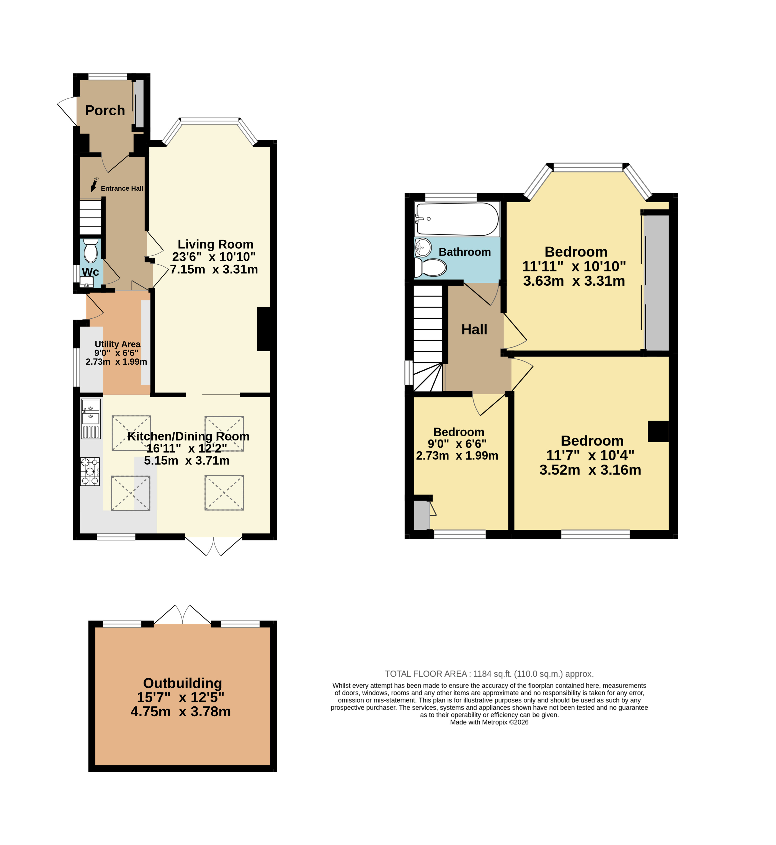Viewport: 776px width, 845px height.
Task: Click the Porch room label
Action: [x=105, y=110]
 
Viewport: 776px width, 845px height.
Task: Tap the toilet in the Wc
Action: [x=91, y=251]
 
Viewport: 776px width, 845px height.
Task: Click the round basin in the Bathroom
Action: [x=423, y=247]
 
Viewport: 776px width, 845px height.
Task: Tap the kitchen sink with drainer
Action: [x=91, y=419]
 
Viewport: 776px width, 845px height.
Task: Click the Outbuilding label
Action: [x=183, y=683]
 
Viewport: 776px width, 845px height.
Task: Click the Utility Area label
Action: [x=118, y=344]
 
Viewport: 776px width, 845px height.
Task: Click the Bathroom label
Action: [x=465, y=252]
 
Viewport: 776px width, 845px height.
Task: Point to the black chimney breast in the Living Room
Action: [x=264, y=329]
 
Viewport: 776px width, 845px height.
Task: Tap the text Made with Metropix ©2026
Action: [x=489, y=722]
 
